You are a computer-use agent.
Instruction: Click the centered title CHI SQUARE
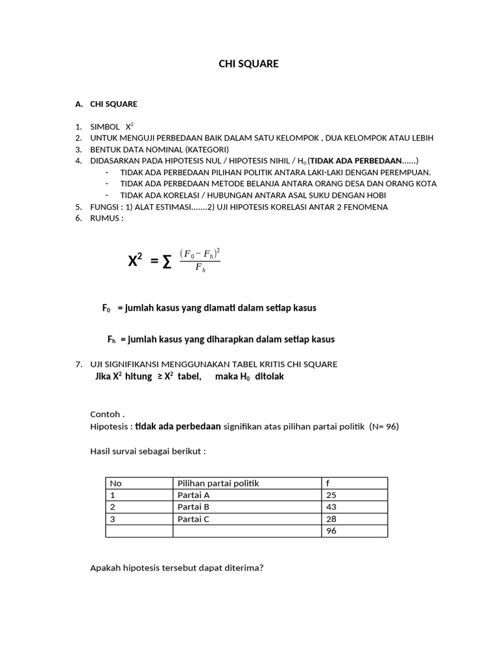click(x=248, y=64)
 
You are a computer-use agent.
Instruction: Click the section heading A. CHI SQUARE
click(x=106, y=104)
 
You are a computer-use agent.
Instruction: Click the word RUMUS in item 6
click(x=104, y=218)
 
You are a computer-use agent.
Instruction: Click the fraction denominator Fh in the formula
click(x=200, y=268)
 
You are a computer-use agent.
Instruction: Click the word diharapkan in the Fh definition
click(x=230, y=339)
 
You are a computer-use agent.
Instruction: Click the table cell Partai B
click(x=193, y=507)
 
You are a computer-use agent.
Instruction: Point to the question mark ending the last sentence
click(x=261, y=568)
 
